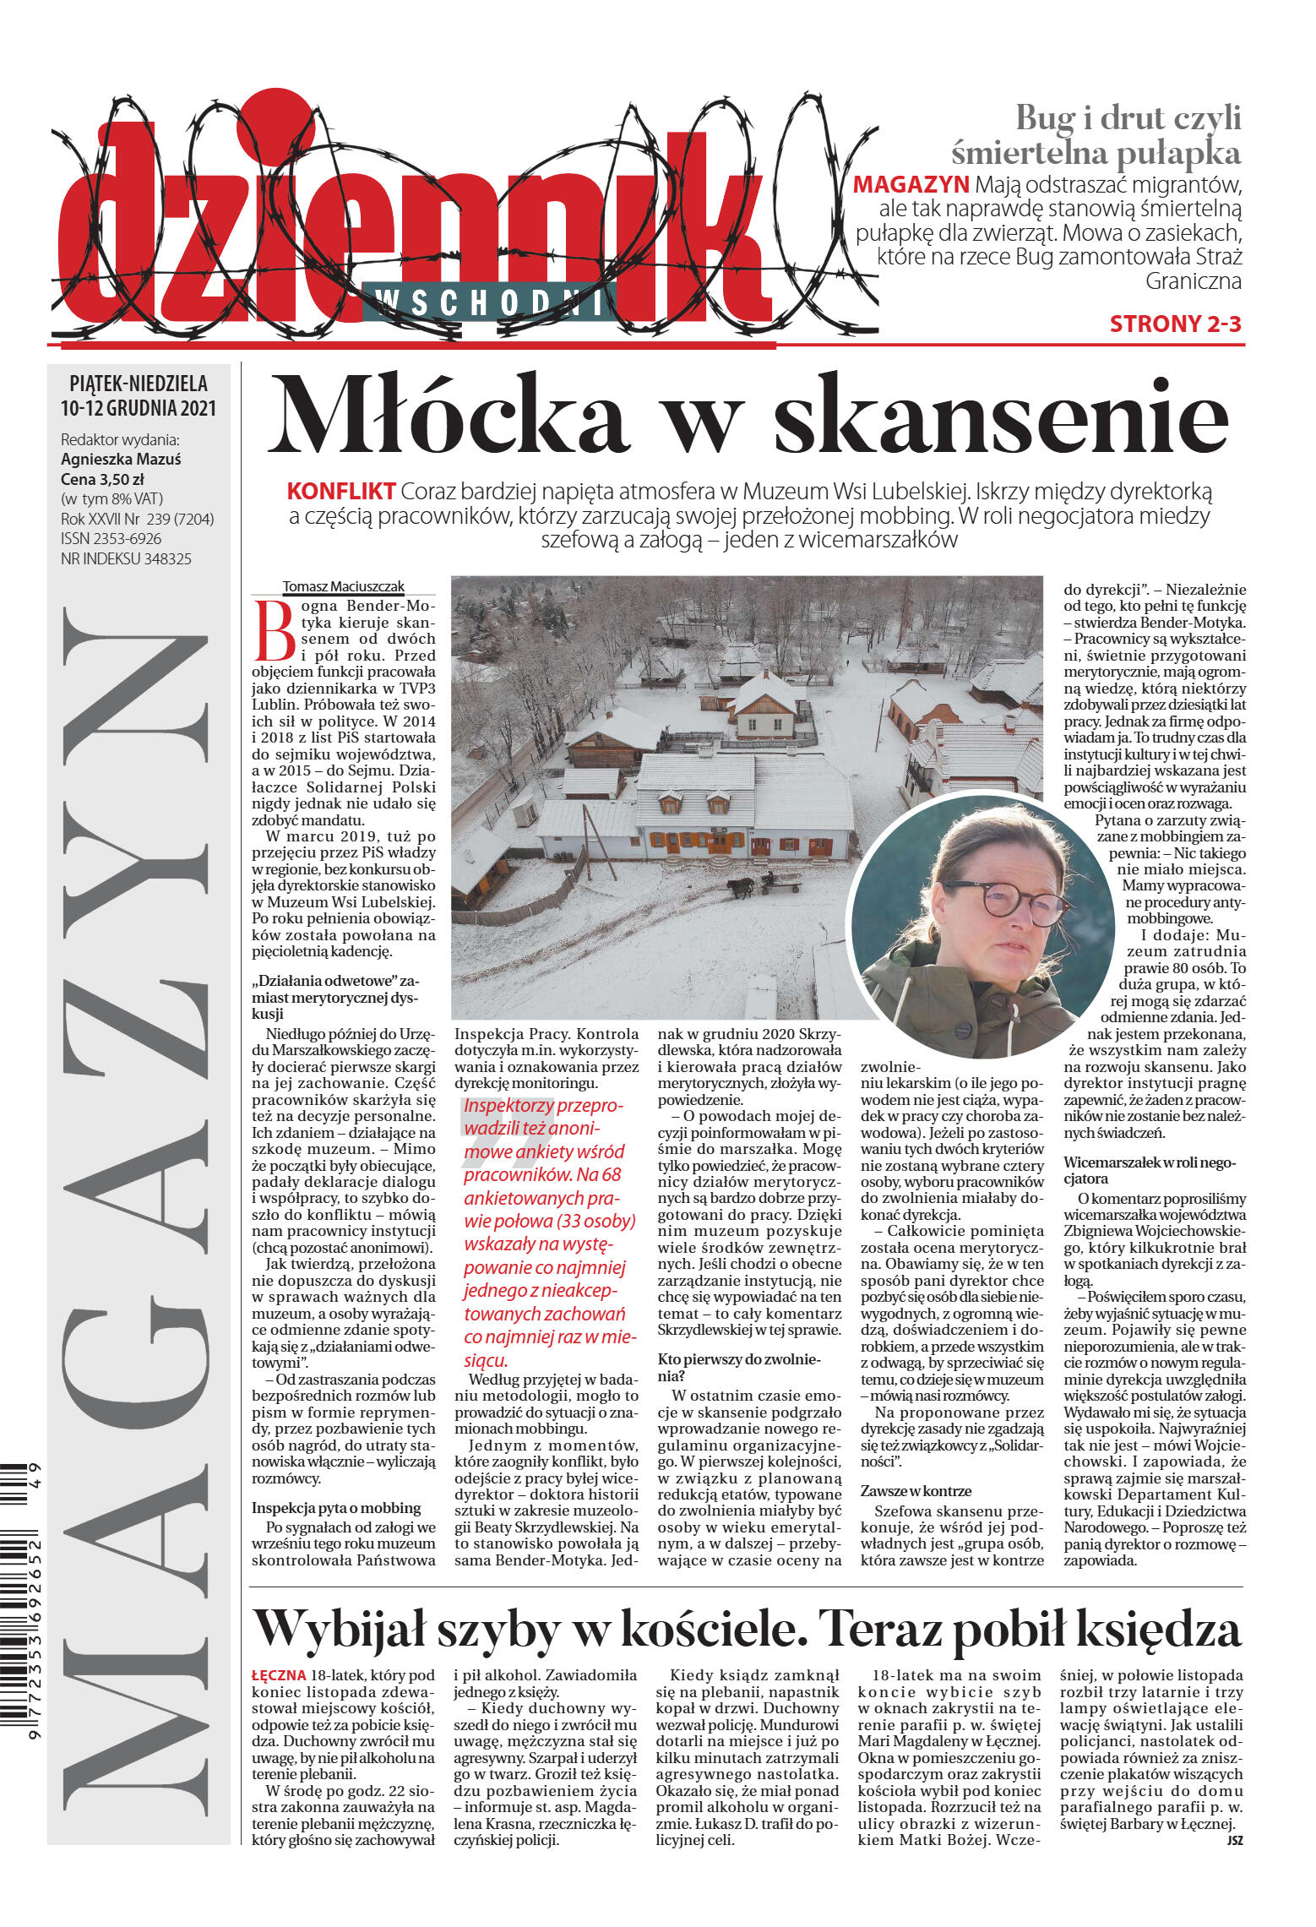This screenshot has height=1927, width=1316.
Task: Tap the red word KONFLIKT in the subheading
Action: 341,491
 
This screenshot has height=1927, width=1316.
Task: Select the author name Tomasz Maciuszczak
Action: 343,586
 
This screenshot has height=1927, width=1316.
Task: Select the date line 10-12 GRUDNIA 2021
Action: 139,408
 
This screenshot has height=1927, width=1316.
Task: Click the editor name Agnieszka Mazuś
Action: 121,460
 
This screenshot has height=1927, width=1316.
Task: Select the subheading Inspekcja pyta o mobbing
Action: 336,1507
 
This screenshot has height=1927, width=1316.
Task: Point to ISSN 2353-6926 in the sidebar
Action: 111,539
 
